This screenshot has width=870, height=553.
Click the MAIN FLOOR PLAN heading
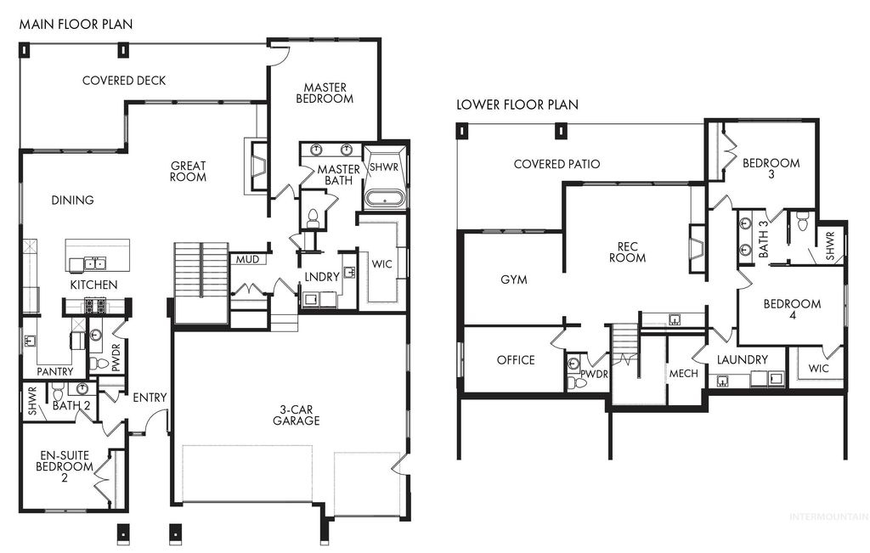click(x=76, y=25)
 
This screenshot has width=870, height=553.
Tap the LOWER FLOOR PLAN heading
click(x=517, y=105)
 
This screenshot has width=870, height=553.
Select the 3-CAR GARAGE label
click(x=296, y=415)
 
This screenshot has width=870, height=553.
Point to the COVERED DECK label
click(x=124, y=81)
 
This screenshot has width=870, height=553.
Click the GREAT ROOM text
click(x=188, y=172)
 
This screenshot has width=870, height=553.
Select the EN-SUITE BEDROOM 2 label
click(x=65, y=466)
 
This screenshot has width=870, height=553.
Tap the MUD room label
click(x=247, y=259)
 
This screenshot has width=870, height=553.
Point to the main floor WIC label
click(x=381, y=264)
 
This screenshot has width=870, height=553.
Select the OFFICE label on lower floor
click(x=516, y=360)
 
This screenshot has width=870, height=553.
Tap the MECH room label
click(x=683, y=374)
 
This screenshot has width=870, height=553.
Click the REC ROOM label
click(x=627, y=252)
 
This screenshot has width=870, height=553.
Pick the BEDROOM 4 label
click(x=792, y=310)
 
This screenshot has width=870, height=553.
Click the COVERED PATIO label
click(x=556, y=164)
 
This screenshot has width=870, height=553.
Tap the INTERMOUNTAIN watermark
click(x=828, y=516)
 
